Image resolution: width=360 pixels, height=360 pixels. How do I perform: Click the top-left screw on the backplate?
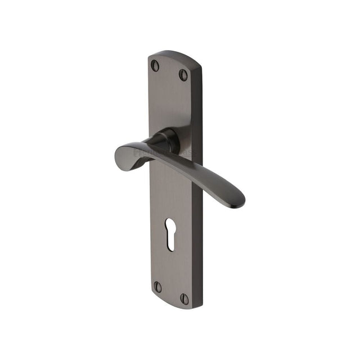click(x=156, y=66)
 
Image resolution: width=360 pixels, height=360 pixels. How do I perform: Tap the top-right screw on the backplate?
click(x=183, y=74)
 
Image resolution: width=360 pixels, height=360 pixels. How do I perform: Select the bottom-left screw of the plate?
click(x=157, y=287)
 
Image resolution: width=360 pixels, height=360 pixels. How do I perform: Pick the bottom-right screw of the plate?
click(x=184, y=299)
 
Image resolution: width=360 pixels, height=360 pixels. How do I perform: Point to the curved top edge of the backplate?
click(x=174, y=54)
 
